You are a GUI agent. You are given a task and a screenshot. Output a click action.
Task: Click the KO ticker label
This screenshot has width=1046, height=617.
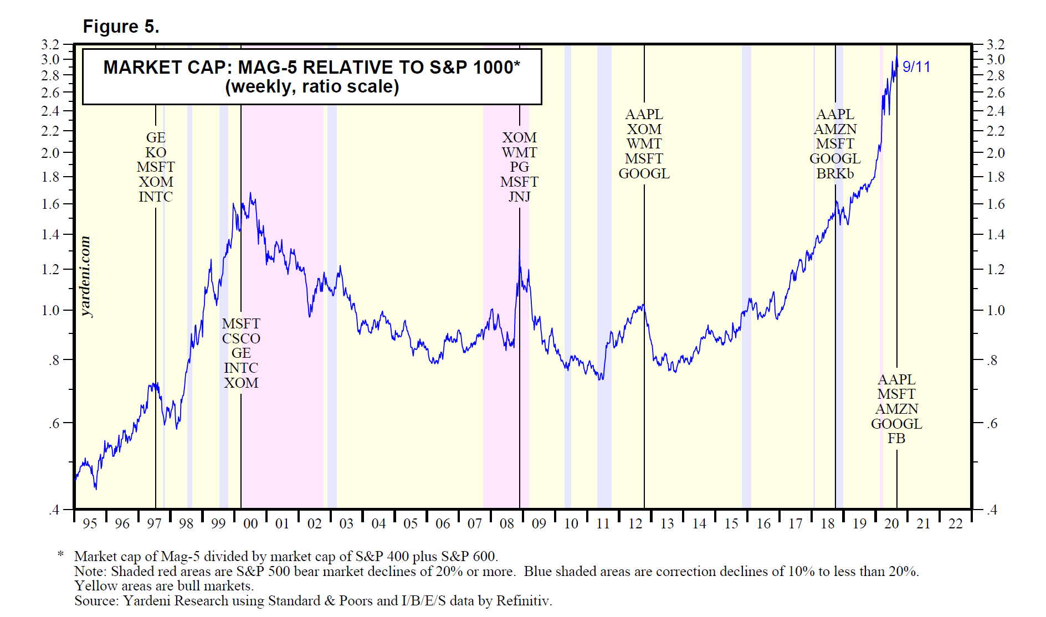click(156, 152)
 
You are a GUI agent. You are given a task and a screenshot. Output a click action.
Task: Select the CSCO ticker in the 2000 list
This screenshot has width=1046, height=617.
click(241, 338)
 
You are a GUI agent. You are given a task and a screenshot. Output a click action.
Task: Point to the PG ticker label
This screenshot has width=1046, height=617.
click(519, 167)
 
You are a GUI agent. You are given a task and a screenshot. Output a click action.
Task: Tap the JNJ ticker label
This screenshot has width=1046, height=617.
click(519, 197)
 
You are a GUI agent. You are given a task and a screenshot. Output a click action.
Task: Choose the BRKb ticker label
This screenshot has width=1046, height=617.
click(835, 173)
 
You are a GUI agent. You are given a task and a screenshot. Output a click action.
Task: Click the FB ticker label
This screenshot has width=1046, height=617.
click(896, 439)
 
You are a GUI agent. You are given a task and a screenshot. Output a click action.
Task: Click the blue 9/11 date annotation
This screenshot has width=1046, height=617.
click(916, 67)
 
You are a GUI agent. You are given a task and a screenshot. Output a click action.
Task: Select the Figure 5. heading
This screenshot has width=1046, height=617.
click(121, 27)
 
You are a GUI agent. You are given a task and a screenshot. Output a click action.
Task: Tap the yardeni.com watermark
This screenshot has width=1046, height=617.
click(85, 276)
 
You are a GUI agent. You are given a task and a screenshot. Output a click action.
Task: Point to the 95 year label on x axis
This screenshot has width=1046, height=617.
click(90, 523)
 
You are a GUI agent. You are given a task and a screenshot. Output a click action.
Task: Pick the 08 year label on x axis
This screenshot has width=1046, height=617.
click(507, 523)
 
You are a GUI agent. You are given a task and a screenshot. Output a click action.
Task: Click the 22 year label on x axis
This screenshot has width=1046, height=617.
click(956, 523)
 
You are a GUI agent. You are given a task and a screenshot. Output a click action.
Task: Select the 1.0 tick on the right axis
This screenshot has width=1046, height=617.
click(996, 310)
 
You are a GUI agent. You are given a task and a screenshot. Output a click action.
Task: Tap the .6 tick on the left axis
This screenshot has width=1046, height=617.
click(54, 424)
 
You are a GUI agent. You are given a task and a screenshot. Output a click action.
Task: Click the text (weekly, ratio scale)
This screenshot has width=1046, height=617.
click(312, 87)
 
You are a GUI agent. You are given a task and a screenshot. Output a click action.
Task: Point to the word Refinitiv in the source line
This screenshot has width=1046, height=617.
click(523, 601)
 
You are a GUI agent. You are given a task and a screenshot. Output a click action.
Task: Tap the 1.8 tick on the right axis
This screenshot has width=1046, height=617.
click(996, 177)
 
